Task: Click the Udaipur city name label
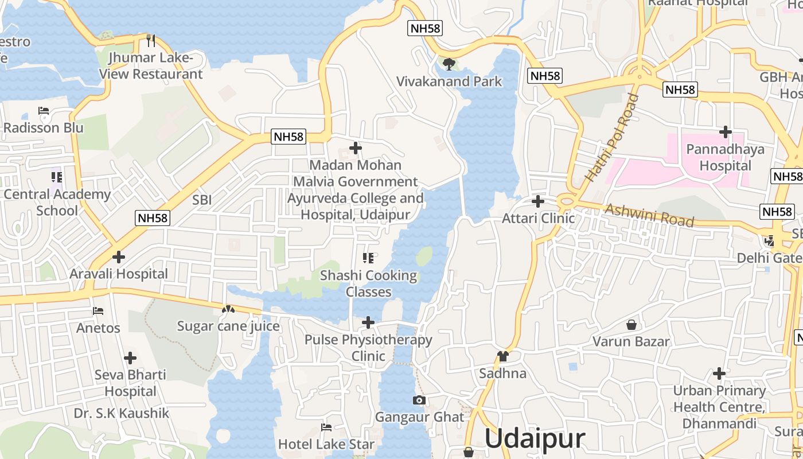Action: (535, 439)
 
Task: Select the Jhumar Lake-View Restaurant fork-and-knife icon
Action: (151, 40)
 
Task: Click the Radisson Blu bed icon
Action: (44, 111)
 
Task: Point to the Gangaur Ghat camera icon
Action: (419, 400)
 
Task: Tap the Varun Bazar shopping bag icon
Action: (631, 325)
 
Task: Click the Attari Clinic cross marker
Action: (538, 201)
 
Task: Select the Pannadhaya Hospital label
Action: (726, 158)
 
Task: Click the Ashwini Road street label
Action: (649, 216)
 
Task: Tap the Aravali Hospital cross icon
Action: (119, 257)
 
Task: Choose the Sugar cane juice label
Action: (228, 326)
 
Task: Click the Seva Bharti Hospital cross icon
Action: (130, 358)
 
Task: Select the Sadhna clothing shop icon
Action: (503, 356)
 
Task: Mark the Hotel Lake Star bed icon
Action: (326, 427)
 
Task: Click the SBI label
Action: (202, 200)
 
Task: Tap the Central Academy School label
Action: (57, 202)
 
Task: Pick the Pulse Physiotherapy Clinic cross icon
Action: (368, 322)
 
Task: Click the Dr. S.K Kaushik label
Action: (122, 413)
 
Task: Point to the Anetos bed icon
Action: (98, 311)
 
